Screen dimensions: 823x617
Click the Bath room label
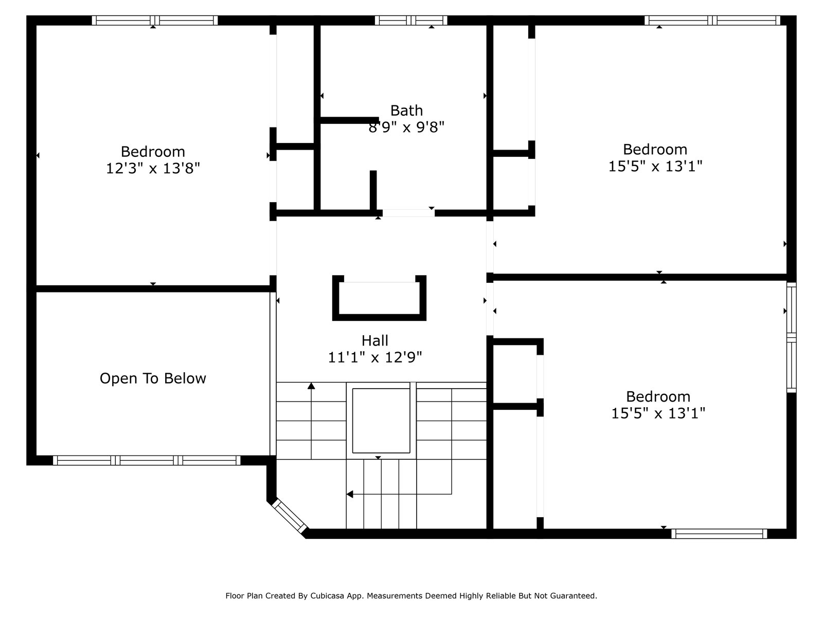click(406, 111)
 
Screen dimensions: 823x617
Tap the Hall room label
click(374, 340)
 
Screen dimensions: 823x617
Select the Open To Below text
click(153, 378)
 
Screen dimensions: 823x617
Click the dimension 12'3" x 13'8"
click(153, 168)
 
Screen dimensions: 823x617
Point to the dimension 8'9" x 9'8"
click(406, 128)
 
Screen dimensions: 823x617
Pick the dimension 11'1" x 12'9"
click(374, 357)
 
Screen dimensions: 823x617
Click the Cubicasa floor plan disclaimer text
click(411, 595)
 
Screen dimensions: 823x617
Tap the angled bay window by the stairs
click(289, 515)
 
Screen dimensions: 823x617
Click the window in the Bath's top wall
click(411, 20)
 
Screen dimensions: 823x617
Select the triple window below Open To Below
click(147, 460)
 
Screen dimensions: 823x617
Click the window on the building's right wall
click(791, 337)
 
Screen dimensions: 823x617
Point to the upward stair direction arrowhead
click(311, 386)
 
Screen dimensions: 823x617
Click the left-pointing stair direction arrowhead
click(350, 494)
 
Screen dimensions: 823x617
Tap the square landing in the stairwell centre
click(381, 421)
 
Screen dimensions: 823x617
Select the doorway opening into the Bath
click(408, 213)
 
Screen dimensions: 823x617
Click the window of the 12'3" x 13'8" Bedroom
click(155, 20)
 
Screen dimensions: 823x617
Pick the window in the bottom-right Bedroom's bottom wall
click(719, 534)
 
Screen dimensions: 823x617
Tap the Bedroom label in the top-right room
click(655, 150)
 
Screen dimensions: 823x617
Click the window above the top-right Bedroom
click(712, 20)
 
